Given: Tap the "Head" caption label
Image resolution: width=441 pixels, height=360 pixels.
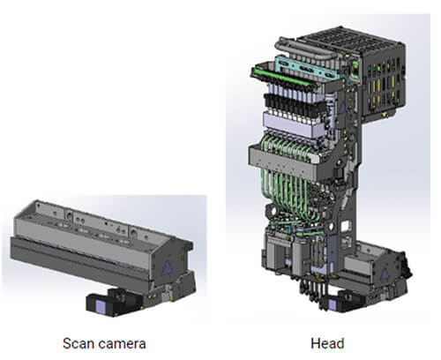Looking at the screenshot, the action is click(327, 344).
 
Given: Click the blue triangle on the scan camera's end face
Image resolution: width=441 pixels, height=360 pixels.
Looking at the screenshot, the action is click(168, 267).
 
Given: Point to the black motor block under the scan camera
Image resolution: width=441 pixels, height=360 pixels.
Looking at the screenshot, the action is click(113, 303).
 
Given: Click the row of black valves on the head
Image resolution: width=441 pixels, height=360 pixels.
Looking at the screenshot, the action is click(294, 105).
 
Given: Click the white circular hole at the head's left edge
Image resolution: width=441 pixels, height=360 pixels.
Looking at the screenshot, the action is click(273, 211).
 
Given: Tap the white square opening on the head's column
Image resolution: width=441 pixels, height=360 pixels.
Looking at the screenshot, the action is click(345, 226).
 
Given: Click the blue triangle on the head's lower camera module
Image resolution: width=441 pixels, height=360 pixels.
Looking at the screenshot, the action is click(385, 274).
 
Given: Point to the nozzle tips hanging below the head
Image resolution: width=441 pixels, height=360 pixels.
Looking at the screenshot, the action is click(311, 293).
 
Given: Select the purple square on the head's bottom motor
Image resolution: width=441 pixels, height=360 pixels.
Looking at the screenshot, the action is click(333, 304).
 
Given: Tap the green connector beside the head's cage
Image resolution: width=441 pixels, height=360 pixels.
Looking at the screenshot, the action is click(355, 70).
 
